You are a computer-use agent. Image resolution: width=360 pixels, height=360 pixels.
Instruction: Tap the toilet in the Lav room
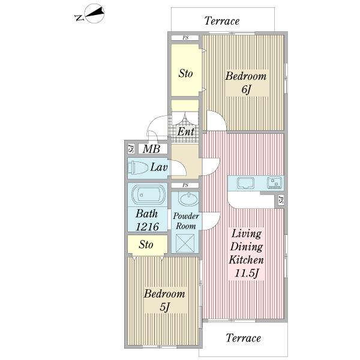[x=138, y=168]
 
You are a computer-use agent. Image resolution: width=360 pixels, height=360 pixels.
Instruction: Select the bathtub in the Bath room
[x=148, y=194]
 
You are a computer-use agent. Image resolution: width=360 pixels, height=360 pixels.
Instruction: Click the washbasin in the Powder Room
[x=188, y=199]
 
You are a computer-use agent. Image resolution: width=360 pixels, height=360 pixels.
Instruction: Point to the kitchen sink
[x=245, y=183]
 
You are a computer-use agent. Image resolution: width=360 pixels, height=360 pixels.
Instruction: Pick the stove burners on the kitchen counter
[x=275, y=183]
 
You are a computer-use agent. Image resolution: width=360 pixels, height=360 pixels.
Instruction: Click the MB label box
[x=152, y=149]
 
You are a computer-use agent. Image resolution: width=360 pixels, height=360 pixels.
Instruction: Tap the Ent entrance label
[x=186, y=132]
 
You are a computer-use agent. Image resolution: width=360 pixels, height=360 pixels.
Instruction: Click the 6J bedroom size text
[x=246, y=89]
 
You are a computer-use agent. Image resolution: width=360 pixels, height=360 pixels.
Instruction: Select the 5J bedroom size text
[x=164, y=307]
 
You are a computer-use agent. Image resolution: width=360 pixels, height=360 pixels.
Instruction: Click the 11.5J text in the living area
[x=247, y=273]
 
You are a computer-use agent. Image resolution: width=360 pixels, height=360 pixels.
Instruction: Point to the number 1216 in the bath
[x=148, y=227]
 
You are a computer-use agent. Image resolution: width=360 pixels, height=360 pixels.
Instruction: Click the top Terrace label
[x=222, y=21]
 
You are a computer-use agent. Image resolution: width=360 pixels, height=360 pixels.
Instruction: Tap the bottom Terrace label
[x=244, y=338]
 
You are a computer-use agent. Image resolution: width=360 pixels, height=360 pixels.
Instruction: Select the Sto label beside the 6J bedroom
[x=185, y=73]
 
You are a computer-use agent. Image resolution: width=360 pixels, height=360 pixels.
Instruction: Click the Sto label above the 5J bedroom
[x=146, y=245]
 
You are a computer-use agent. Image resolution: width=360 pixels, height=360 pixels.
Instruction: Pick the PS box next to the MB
[x=131, y=149]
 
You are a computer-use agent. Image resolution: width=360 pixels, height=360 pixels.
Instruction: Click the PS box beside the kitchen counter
[x=281, y=200]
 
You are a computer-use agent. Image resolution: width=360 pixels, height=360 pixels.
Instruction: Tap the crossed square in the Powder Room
[x=185, y=244]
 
